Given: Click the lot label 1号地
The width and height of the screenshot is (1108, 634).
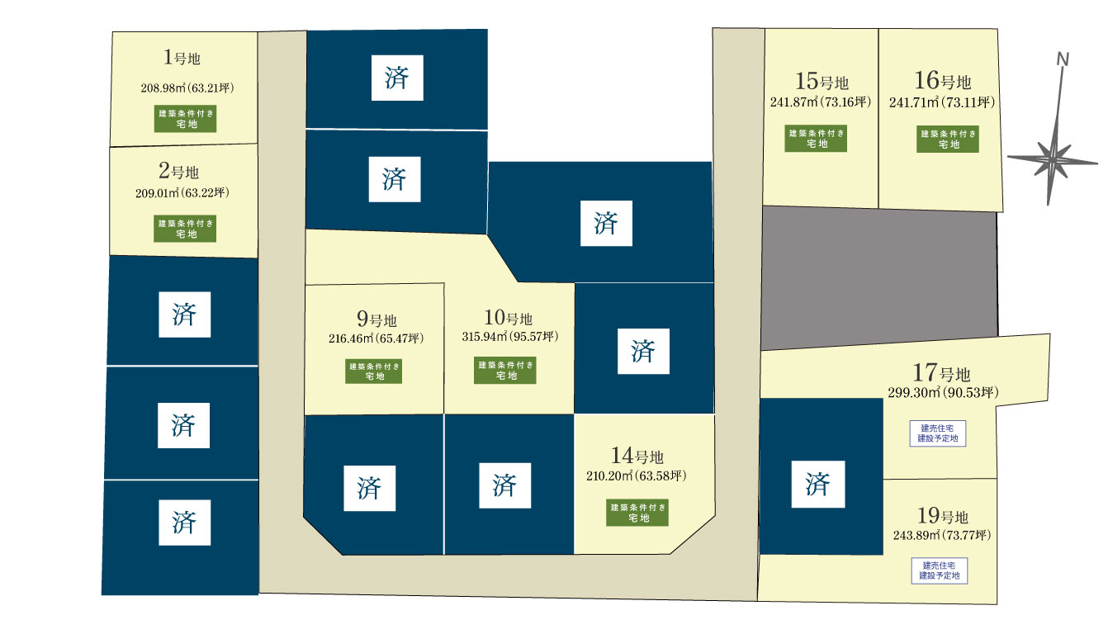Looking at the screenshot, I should [x=182, y=58].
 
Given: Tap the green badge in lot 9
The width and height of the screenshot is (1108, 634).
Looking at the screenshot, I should [x=374, y=371].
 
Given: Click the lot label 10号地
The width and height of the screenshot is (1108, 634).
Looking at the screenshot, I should [x=508, y=319].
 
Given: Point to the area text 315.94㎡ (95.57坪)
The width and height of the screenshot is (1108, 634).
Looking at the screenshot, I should [x=509, y=337].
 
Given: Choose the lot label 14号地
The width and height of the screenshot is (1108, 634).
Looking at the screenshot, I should [x=638, y=456].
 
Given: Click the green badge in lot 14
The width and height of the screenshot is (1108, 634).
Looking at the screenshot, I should [x=638, y=513].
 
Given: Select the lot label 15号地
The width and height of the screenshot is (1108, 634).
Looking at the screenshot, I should [x=822, y=82].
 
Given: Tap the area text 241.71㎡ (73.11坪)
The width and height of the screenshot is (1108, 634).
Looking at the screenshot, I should [x=942, y=102].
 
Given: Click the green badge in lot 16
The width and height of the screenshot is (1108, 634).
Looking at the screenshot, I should [x=948, y=139].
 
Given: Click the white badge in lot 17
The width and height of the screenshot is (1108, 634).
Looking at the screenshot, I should [x=938, y=433].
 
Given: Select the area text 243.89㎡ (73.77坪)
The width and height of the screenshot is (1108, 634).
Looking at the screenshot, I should [x=942, y=535].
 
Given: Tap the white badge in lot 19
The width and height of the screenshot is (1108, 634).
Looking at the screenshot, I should [x=939, y=570].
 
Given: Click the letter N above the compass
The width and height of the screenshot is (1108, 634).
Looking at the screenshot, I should [x=1063, y=59].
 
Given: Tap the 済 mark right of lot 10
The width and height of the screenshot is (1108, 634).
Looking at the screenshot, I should [x=643, y=352].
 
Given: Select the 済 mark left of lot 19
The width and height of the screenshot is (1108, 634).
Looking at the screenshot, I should [x=817, y=483].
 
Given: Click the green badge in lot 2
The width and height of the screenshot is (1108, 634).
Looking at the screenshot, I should [x=185, y=229].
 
